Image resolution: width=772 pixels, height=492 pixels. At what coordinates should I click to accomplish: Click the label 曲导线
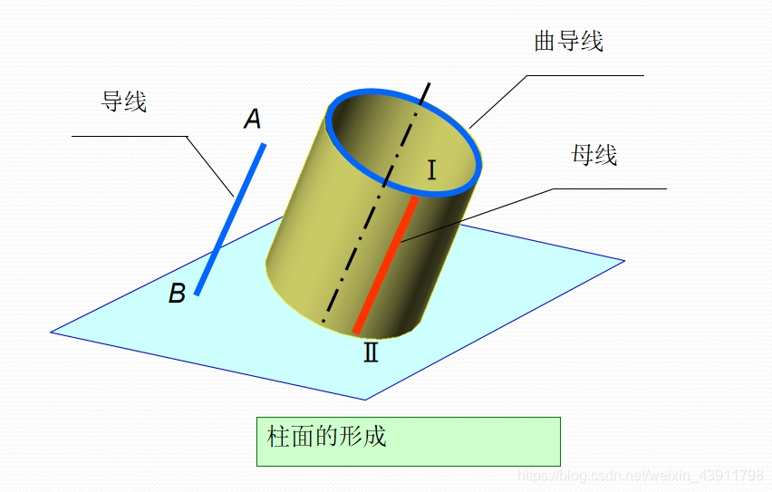click(568, 42)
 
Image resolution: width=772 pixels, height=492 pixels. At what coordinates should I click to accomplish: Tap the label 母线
click(593, 155)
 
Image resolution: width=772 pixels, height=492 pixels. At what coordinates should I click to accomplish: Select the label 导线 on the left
click(123, 101)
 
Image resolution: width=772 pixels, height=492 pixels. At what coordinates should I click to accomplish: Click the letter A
click(253, 119)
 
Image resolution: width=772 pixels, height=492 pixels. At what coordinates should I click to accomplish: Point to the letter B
click(178, 294)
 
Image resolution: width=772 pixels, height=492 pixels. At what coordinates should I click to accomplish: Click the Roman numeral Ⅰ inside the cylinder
click(432, 169)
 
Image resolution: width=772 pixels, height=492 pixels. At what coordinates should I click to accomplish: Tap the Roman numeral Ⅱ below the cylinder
click(371, 352)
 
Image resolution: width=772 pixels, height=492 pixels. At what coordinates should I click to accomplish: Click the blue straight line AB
click(230, 218)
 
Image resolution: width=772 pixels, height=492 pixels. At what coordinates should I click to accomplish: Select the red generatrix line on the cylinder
click(386, 263)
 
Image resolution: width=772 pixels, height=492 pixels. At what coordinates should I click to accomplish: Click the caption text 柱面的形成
click(327, 437)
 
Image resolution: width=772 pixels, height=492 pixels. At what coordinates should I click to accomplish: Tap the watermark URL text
click(640, 476)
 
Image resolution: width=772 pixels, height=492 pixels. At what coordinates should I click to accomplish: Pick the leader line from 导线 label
click(208, 163)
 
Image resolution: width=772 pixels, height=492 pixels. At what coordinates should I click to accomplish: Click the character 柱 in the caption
click(277, 437)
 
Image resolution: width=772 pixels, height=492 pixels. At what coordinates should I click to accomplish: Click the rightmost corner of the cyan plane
click(624, 261)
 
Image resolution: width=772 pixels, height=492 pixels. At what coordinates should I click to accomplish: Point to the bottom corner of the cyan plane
click(366, 400)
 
